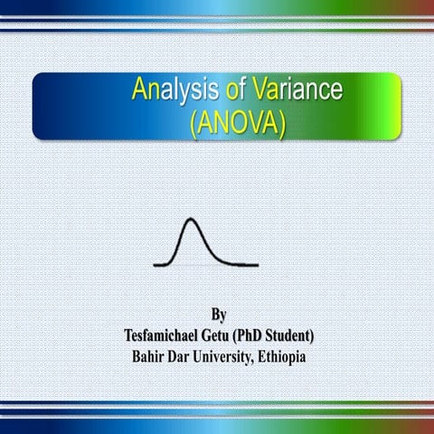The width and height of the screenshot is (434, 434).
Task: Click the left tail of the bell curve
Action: coord(161,263)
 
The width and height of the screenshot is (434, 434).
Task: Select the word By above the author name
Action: coord(218,316)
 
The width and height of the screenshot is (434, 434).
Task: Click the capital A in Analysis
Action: coord(138,90)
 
